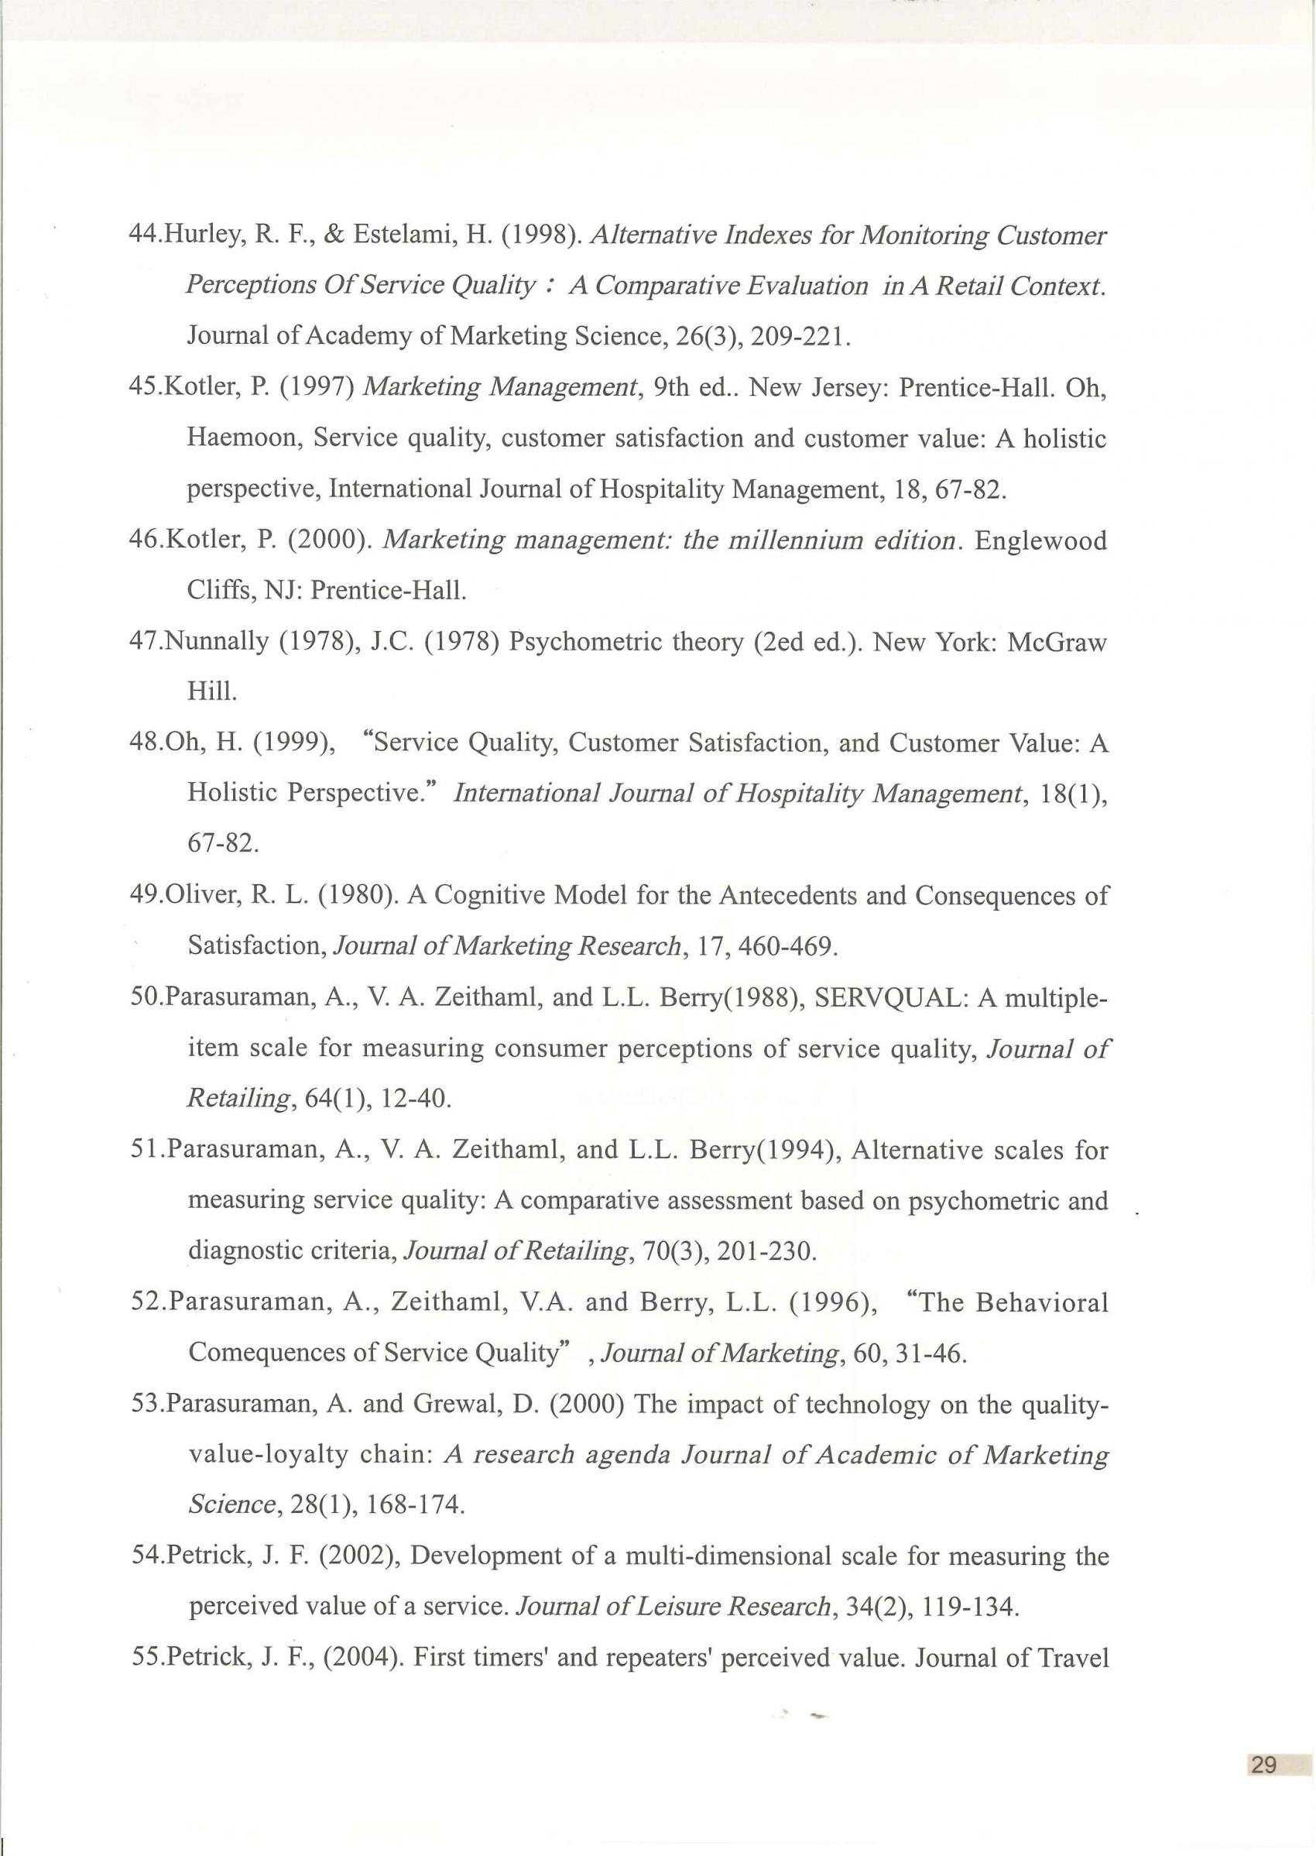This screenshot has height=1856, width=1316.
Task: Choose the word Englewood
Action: click(x=1040, y=540)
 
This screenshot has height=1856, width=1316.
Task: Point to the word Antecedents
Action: click(x=781, y=896)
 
